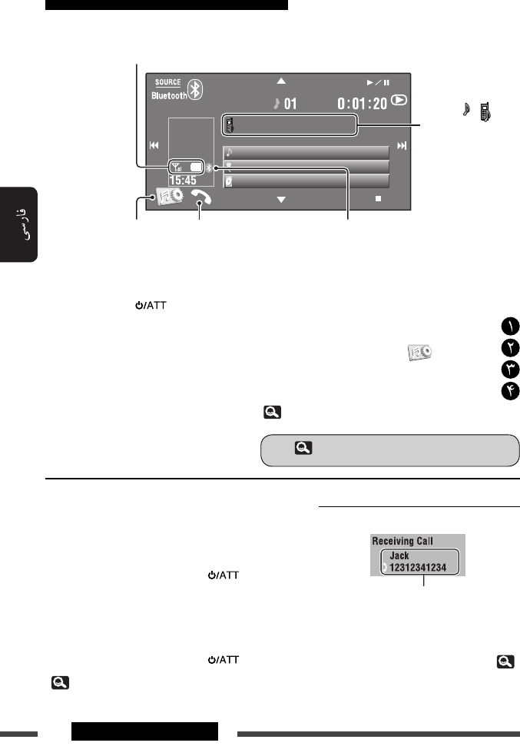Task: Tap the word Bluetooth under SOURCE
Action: [168, 96]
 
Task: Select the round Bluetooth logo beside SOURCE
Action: [197, 89]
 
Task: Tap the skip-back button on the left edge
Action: [154, 146]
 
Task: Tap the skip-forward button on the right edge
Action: [401, 146]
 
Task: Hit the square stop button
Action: [379, 198]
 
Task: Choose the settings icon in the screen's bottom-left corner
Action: [167, 197]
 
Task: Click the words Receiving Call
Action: [402, 541]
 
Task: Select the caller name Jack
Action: [399, 555]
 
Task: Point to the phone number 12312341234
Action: [422, 567]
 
